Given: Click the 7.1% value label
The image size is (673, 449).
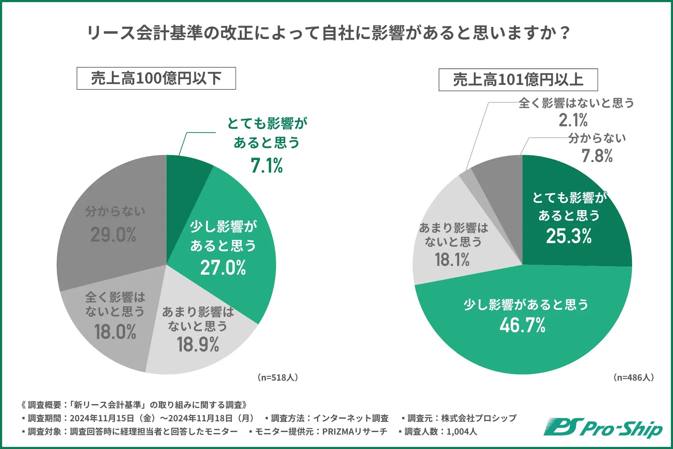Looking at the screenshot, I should click(266, 166).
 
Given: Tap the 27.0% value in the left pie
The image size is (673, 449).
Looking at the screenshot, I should click(223, 268).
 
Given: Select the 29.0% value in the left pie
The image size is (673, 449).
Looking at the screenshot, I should click(113, 235).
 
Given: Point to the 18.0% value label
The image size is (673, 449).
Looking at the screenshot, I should click(115, 332).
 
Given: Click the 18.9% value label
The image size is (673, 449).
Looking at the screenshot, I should click(198, 344).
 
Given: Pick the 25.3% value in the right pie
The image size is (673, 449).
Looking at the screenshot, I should click(569, 236).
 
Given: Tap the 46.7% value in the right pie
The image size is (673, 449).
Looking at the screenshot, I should click(522, 325).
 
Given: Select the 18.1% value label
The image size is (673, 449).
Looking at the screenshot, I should click(452, 260).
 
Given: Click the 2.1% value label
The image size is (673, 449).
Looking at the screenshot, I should click(573, 120).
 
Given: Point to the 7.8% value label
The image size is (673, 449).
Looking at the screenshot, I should click(597, 156).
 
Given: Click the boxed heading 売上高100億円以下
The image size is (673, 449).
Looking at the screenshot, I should click(156, 78).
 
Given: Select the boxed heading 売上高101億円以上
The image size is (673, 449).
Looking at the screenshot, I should click(518, 80).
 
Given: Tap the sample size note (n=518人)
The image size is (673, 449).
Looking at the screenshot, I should click(278, 377).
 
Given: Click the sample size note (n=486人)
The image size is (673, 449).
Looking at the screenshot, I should click(633, 377).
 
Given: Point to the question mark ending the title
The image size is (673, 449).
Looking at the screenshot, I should click(564, 33).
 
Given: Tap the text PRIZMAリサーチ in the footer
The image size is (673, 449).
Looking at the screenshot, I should click(354, 431).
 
